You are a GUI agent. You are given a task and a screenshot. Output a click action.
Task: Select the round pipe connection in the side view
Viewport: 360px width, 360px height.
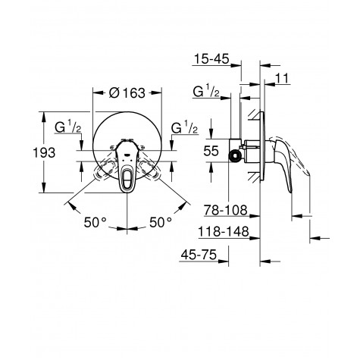pos(237,156)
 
